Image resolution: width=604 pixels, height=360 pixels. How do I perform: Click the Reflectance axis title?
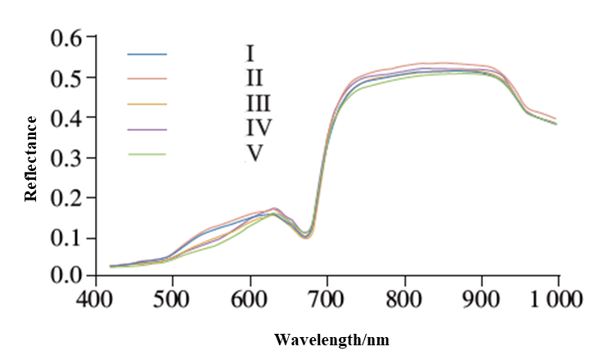coord(32,159)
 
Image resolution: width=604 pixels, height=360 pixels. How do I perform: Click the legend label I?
coord(250,55)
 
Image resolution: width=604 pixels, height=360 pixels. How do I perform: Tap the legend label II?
coord(254,79)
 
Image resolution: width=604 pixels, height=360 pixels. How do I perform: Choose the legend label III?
coord(258,104)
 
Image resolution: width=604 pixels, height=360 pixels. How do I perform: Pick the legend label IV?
coord(258,128)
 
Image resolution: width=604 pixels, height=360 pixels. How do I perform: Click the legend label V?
coord(255,153)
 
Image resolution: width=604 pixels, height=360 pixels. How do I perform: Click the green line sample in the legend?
coord(147,154)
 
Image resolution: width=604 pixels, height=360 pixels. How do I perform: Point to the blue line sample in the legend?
coord(147,55)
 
